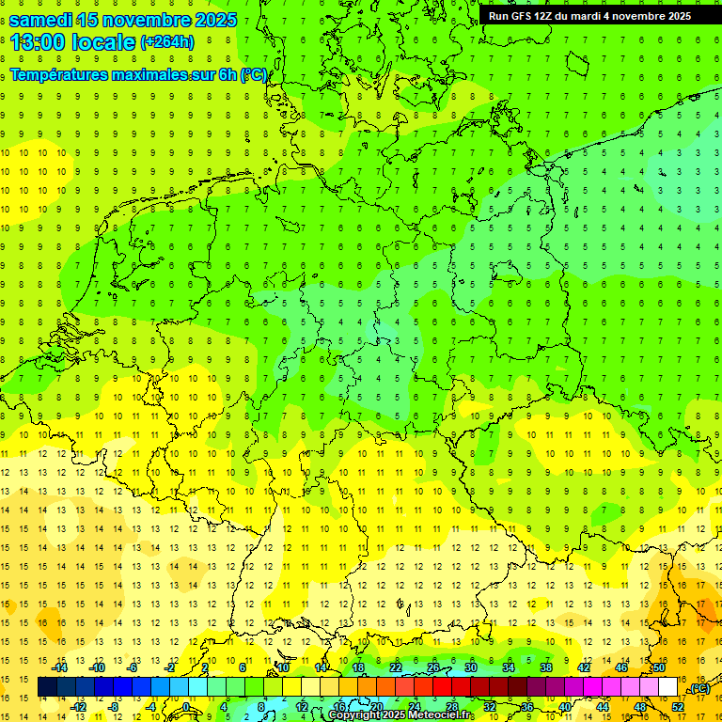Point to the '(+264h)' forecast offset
(x=167, y=42)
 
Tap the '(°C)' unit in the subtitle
(x=254, y=74)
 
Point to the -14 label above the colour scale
(x=59, y=667)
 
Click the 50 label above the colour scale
(x=659, y=667)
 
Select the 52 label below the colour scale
(x=678, y=707)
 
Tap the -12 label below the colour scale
(x=78, y=707)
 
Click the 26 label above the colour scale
(x=433, y=667)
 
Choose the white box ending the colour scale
(x=668, y=687)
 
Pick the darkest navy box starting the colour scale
(x=47, y=687)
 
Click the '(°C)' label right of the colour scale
(x=698, y=688)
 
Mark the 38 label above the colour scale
(x=546, y=667)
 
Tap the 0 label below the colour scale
(x=186, y=707)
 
